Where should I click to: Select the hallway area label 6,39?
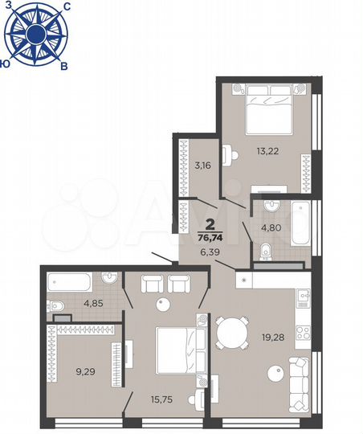(x=210, y=252)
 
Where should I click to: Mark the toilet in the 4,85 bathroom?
(x=55, y=306)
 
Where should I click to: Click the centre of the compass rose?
(x=36, y=34)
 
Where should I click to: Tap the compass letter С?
(x=66, y=6)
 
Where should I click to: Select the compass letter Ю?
(x=6, y=62)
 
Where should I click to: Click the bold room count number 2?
(x=210, y=224)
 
